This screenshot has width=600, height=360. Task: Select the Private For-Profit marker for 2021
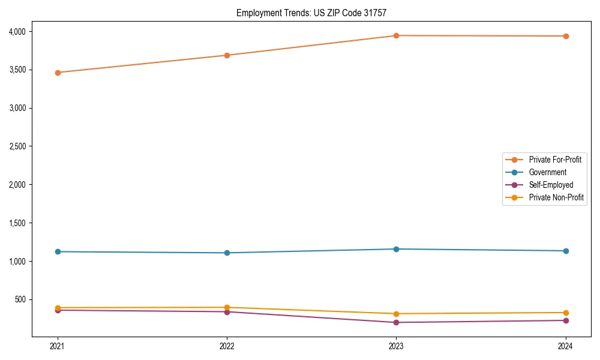58,73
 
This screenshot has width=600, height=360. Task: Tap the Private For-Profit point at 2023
396,35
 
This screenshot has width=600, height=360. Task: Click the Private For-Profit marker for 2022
227,55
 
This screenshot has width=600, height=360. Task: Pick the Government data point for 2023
396,249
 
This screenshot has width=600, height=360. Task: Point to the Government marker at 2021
58,251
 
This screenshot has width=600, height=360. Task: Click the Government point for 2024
565,251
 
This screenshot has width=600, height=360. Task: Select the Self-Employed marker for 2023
396,322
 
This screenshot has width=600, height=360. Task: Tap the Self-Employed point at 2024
565,320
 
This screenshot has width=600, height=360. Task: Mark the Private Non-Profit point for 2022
227,307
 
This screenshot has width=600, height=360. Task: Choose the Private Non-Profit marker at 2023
396,314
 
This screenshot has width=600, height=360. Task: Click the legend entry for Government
547,172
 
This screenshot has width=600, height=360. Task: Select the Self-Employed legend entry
551,185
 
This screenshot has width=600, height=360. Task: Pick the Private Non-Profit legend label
556,197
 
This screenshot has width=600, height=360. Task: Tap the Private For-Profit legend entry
555,160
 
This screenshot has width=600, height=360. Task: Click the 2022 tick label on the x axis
227,346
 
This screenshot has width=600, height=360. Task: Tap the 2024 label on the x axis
565,346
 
